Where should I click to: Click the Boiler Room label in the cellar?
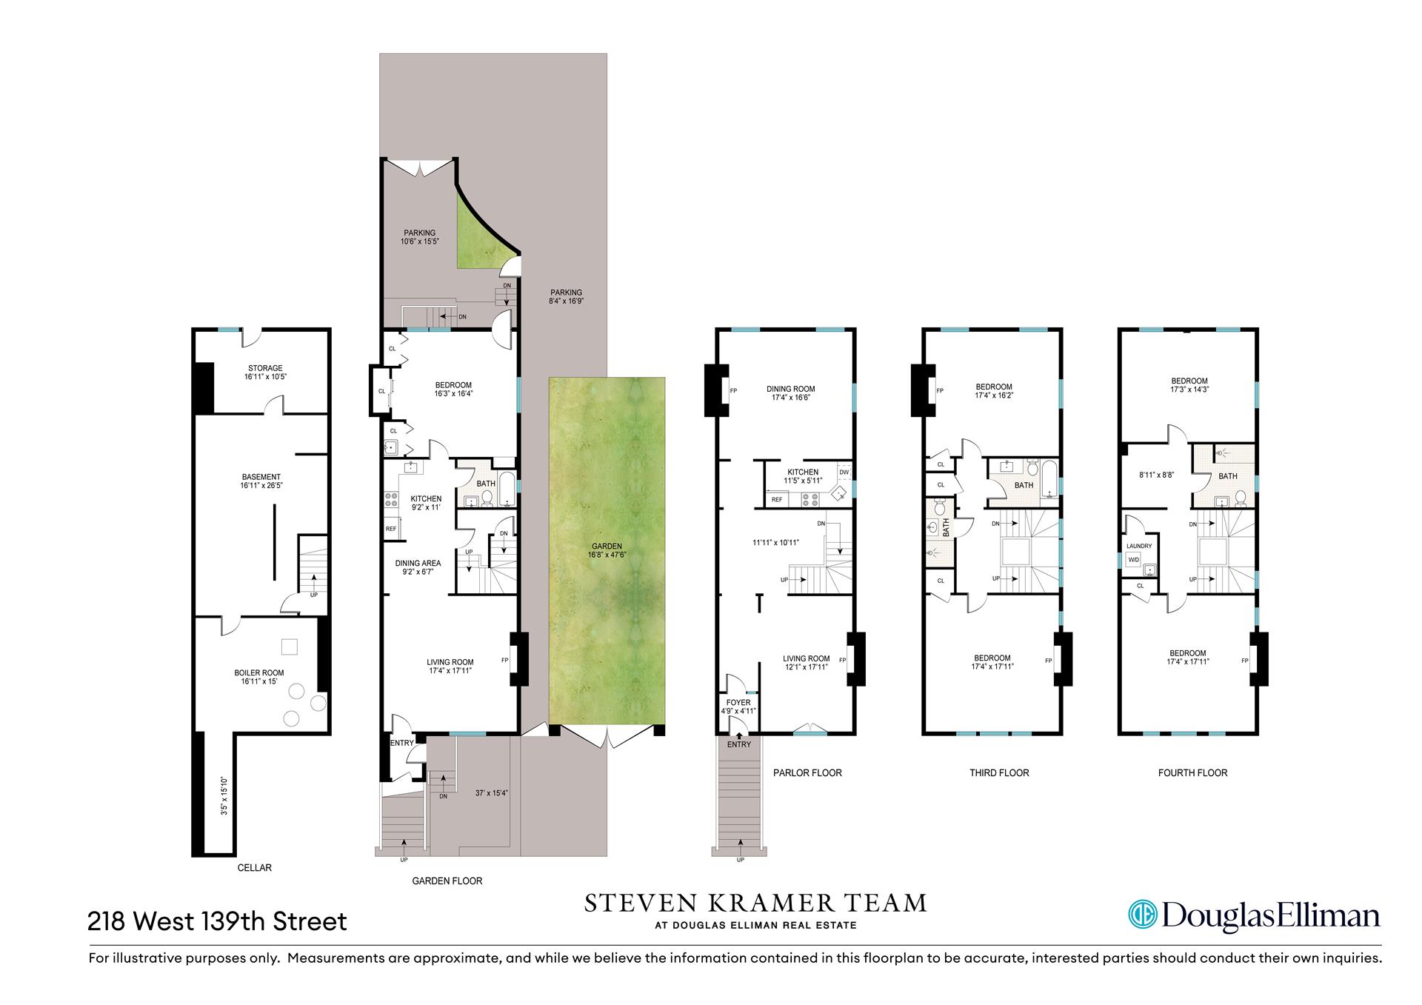tap(258, 672)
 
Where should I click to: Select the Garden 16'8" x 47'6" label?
tap(607, 550)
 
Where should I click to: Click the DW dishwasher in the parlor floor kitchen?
tap(844, 472)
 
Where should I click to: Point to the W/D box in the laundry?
tap(1133, 560)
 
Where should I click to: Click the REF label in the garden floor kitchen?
tap(390, 529)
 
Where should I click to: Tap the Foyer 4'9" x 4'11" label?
tap(738, 707)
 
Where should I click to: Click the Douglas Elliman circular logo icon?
tap(1142, 915)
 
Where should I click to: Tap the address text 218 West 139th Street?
tap(217, 921)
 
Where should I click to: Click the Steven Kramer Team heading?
tap(755, 903)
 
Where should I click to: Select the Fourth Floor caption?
tap(1192, 772)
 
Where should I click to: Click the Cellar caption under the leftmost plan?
tap(254, 867)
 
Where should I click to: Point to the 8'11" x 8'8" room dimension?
tap(1156, 476)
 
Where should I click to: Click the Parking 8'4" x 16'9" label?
tap(566, 296)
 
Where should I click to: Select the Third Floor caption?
tap(999, 772)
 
